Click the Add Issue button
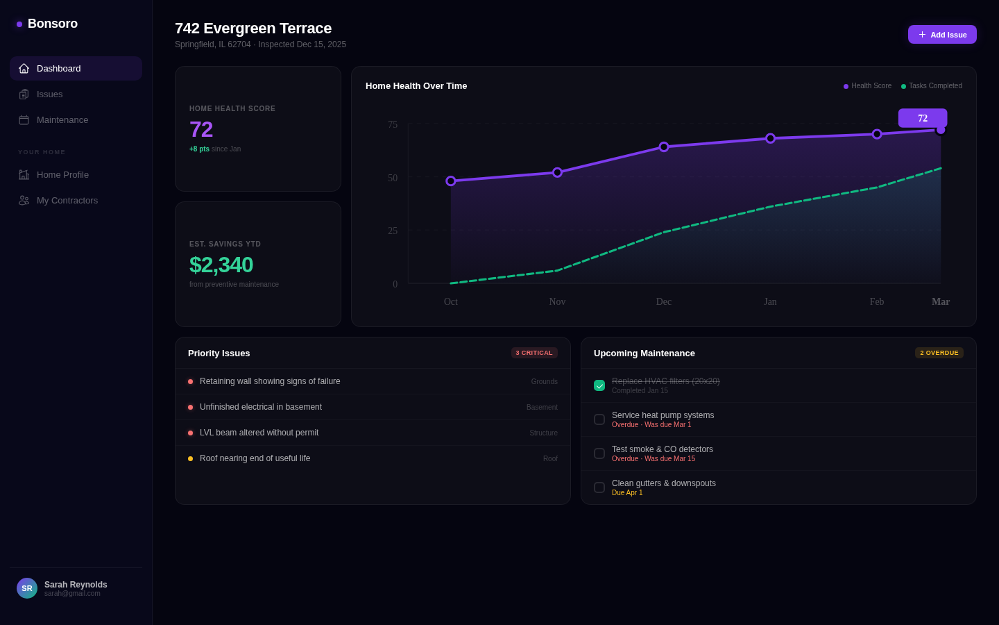(942, 35)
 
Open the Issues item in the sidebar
(49, 94)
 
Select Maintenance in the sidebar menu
(62, 120)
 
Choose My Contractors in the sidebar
(67, 201)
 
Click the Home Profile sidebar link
(62, 175)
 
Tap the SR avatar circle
(27, 588)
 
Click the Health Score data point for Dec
(664, 147)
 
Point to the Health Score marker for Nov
(557, 172)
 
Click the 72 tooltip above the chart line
(922, 118)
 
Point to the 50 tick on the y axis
(393, 178)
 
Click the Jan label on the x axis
(770, 302)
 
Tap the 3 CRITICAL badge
(534, 353)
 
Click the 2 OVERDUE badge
(939, 353)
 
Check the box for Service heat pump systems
(599, 419)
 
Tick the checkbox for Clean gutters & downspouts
(599, 487)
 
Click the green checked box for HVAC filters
(599, 385)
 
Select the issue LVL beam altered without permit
(259, 433)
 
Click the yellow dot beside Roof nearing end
(190, 459)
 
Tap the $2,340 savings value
(221, 265)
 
